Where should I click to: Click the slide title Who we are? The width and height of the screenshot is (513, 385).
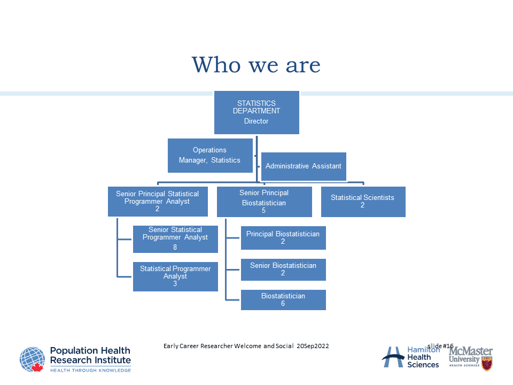pyautogui.click(x=256, y=65)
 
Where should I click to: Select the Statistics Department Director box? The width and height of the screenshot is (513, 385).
pyautogui.click(x=256, y=112)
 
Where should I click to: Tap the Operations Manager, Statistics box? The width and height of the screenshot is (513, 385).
pyautogui.click(x=210, y=156)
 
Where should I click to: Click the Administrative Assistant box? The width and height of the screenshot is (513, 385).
pyautogui.click(x=303, y=166)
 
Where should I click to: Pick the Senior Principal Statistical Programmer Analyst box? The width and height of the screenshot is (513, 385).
pyautogui.click(x=157, y=202)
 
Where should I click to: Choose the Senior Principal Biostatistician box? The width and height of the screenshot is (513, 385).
pyautogui.click(x=264, y=202)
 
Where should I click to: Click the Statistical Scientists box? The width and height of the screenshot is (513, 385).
pyautogui.click(x=363, y=202)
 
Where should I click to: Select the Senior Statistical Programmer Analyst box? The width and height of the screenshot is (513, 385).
pyautogui.click(x=175, y=238)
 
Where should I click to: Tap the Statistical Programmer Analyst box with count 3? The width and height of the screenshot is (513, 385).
pyautogui.click(x=175, y=276)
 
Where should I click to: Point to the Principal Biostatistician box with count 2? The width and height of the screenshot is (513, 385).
pyautogui.click(x=283, y=238)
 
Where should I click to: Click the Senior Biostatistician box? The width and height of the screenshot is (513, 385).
pyautogui.click(x=283, y=269)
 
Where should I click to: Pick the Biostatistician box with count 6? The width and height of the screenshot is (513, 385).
pyautogui.click(x=283, y=300)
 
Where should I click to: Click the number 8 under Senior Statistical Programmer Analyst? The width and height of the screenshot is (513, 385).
pyautogui.click(x=175, y=247)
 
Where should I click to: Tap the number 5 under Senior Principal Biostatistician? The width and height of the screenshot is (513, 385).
pyautogui.click(x=264, y=211)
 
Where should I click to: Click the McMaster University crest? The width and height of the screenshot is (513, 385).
pyautogui.click(x=486, y=364)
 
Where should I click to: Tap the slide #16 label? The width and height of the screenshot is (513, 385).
pyautogui.click(x=440, y=346)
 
